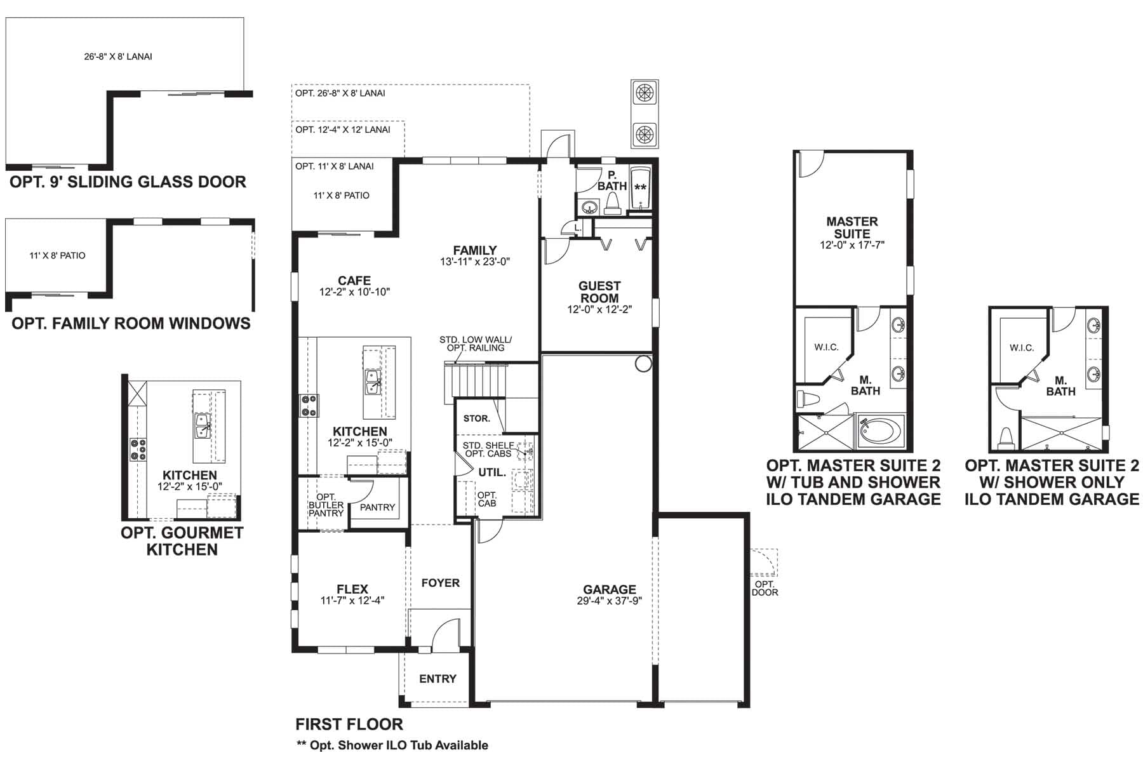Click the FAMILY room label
(475, 250)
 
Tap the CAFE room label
(354, 280)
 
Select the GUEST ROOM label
(599, 292)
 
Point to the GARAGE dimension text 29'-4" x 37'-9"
(610, 601)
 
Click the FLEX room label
(352, 589)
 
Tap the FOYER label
(440, 583)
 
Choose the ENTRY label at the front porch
(438, 679)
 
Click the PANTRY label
(377, 507)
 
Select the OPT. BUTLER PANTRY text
(326, 505)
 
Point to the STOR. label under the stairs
(476, 418)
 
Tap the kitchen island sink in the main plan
(372, 383)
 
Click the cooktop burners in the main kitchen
(309, 406)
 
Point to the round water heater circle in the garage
(643, 364)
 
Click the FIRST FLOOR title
(349, 724)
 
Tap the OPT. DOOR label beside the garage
(765, 588)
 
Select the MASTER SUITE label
(852, 227)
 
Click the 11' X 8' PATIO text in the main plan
(342, 196)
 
